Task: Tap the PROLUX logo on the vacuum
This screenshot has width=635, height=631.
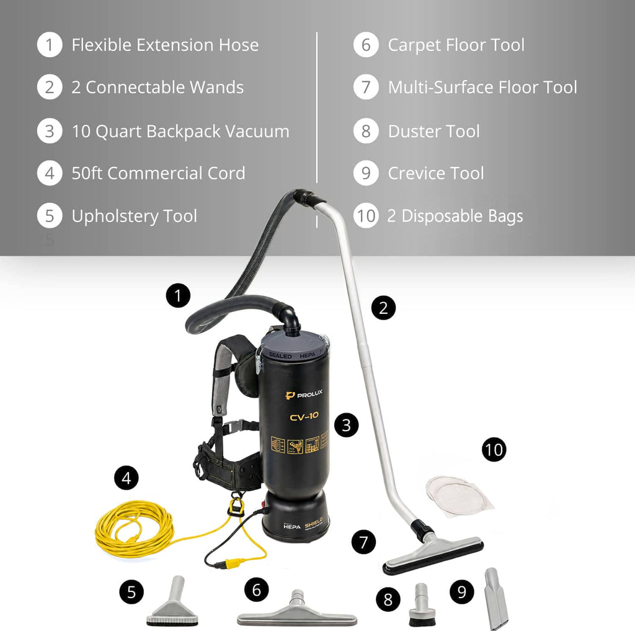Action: pyautogui.click(x=304, y=395)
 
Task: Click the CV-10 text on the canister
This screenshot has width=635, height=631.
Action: pyautogui.click(x=304, y=416)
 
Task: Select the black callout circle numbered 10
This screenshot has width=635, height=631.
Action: pyautogui.click(x=494, y=449)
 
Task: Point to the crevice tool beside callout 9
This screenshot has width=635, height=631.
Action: pyautogui.click(x=496, y=598)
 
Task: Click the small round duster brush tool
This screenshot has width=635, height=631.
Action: pyautogui.click(x=422, y=606)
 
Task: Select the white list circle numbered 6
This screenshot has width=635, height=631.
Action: pyautogui.click(x=366, y=45)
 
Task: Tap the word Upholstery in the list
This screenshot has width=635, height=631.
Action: pyautogui.click(x=115, y=216)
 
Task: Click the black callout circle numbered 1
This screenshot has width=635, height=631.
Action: pyautogui.click(x=178, y=295)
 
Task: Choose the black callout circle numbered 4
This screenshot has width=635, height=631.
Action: pyautogui.click(x=127, y=478)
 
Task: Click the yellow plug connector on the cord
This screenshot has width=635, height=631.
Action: pyautogui.click(x=235, y=563)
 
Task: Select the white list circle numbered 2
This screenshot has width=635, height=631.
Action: pyautogui.click(x=50, y=87)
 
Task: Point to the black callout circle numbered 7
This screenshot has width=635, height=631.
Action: pyautogui.click(x=363, y=542)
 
